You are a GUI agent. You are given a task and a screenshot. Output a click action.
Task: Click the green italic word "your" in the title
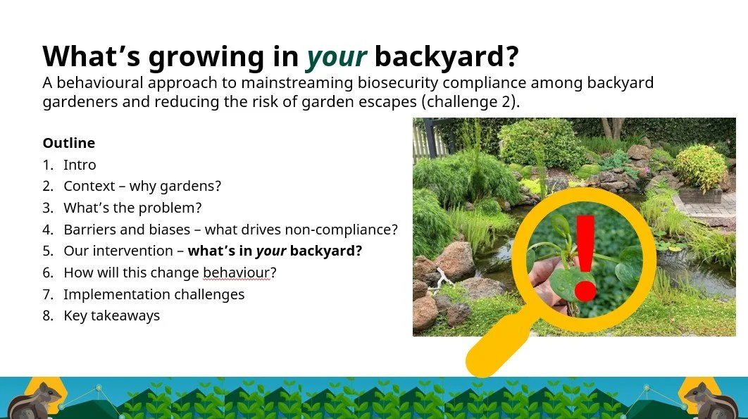coord(336,57)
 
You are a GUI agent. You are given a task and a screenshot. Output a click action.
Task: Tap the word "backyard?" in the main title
coord(447,56)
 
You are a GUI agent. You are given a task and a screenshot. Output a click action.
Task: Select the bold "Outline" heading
coord(69,143)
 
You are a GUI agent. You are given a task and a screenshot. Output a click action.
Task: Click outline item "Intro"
coord(80,165)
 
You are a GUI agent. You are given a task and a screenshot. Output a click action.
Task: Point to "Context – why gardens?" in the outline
coord(142,186)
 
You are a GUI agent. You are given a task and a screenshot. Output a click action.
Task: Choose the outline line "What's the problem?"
coord(132,208)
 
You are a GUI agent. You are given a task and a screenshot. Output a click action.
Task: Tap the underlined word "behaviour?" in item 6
coord(239,273)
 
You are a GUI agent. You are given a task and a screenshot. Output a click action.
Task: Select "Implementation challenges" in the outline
coord(154,294)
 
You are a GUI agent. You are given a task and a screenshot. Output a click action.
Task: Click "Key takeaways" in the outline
coord(111,316)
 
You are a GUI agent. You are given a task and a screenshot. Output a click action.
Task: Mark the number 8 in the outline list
coord(47,316)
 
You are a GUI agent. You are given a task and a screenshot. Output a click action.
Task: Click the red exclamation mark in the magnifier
coord(586,258)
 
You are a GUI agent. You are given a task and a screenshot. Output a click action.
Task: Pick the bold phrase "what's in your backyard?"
coord(275,251)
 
